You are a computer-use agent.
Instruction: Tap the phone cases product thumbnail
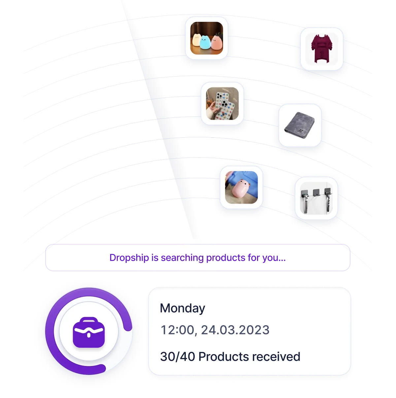click(x=222, y=103)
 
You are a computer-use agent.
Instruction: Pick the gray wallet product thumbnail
click(x=300, y=125)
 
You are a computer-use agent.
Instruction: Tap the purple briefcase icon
click(x=88, y=332)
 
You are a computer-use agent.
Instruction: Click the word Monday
click(x=182, y=308)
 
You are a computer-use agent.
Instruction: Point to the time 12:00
click(x=178, y=330)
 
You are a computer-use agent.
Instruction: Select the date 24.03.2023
click(x=235, y=330)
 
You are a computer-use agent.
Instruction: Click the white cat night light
click(x=197, y=41)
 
